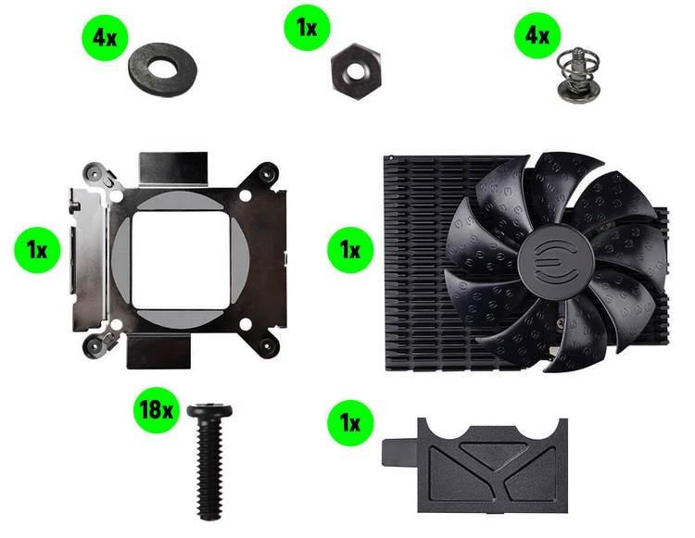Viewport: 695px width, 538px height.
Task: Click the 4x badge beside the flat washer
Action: [x=105, y=38]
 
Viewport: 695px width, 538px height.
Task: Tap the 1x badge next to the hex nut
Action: [x=307, y=28]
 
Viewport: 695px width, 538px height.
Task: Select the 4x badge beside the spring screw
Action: [x=537, y=35]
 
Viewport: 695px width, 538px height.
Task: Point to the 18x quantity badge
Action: [x=156, y=410]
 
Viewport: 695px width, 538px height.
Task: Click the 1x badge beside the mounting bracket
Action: [x=37, y=250]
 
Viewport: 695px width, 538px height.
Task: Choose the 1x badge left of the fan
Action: [x=350, y=250]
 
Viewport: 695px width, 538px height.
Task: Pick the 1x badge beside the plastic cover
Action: [x=350, y=423]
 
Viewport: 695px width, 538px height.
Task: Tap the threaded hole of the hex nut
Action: [x=355, y=71]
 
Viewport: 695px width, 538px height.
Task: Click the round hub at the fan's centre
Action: [x=555, y=263]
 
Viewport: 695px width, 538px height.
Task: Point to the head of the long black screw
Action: [x=209, y=410]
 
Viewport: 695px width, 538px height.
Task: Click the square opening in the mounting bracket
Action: [x=181, y=260]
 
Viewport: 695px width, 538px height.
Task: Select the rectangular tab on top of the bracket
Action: [x=173, y=169]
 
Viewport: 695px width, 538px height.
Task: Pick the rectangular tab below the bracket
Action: [x=159, y=352]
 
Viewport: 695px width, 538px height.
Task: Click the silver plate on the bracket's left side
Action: [x=89, y=260]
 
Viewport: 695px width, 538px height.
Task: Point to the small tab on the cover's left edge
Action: [x=399, y=453]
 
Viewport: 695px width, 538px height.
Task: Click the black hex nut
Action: [x=356, y=71]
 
